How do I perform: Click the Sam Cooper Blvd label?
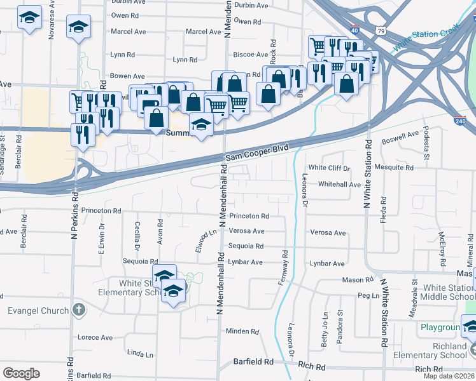tap(256, 152)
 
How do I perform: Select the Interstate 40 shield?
tap(354, 30)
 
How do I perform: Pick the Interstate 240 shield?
tap(461, 120)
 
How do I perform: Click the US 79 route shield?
tap(381, 30)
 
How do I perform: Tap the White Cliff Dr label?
tap(330, 168)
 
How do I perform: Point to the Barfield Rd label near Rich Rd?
tap(253, 361)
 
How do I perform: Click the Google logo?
tap(21, 373)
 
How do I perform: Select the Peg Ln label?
tap(368, 295)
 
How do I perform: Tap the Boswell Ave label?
tap(400, 137)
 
